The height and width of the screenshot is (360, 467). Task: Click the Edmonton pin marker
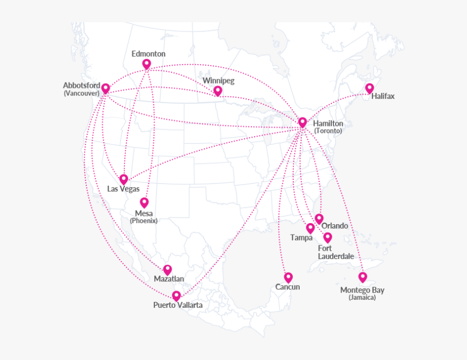[147, 64]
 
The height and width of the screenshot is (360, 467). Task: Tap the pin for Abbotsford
[105, 88]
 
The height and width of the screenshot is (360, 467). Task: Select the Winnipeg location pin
[218, 91]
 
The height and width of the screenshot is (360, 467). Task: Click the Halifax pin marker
[369, 88]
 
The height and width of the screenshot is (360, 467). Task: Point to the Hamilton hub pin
[302, 122]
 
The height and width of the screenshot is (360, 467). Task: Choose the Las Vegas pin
[124, 179]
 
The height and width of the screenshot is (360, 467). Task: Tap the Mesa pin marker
[144, 203]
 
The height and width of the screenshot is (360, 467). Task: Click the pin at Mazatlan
[167, 269]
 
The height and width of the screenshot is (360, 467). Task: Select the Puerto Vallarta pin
[176, 295]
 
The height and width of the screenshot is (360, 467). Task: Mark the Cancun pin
[288, 277]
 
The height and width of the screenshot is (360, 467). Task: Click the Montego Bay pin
[363, 277]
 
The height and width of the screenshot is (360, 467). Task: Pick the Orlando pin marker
[319, 218]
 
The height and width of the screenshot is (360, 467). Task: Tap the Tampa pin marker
[310, 228]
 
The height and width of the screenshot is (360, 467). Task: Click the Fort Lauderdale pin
[327, 237]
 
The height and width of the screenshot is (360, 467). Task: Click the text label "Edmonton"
[148, 54]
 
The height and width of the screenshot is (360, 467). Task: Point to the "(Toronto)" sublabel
[328, 131]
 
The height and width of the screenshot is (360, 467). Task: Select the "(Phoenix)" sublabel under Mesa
[144, 220]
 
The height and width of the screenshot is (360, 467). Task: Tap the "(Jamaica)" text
[362, 298]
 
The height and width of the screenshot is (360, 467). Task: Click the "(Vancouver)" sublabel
[81, 93]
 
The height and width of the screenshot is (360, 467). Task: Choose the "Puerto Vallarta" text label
[178, 305]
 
